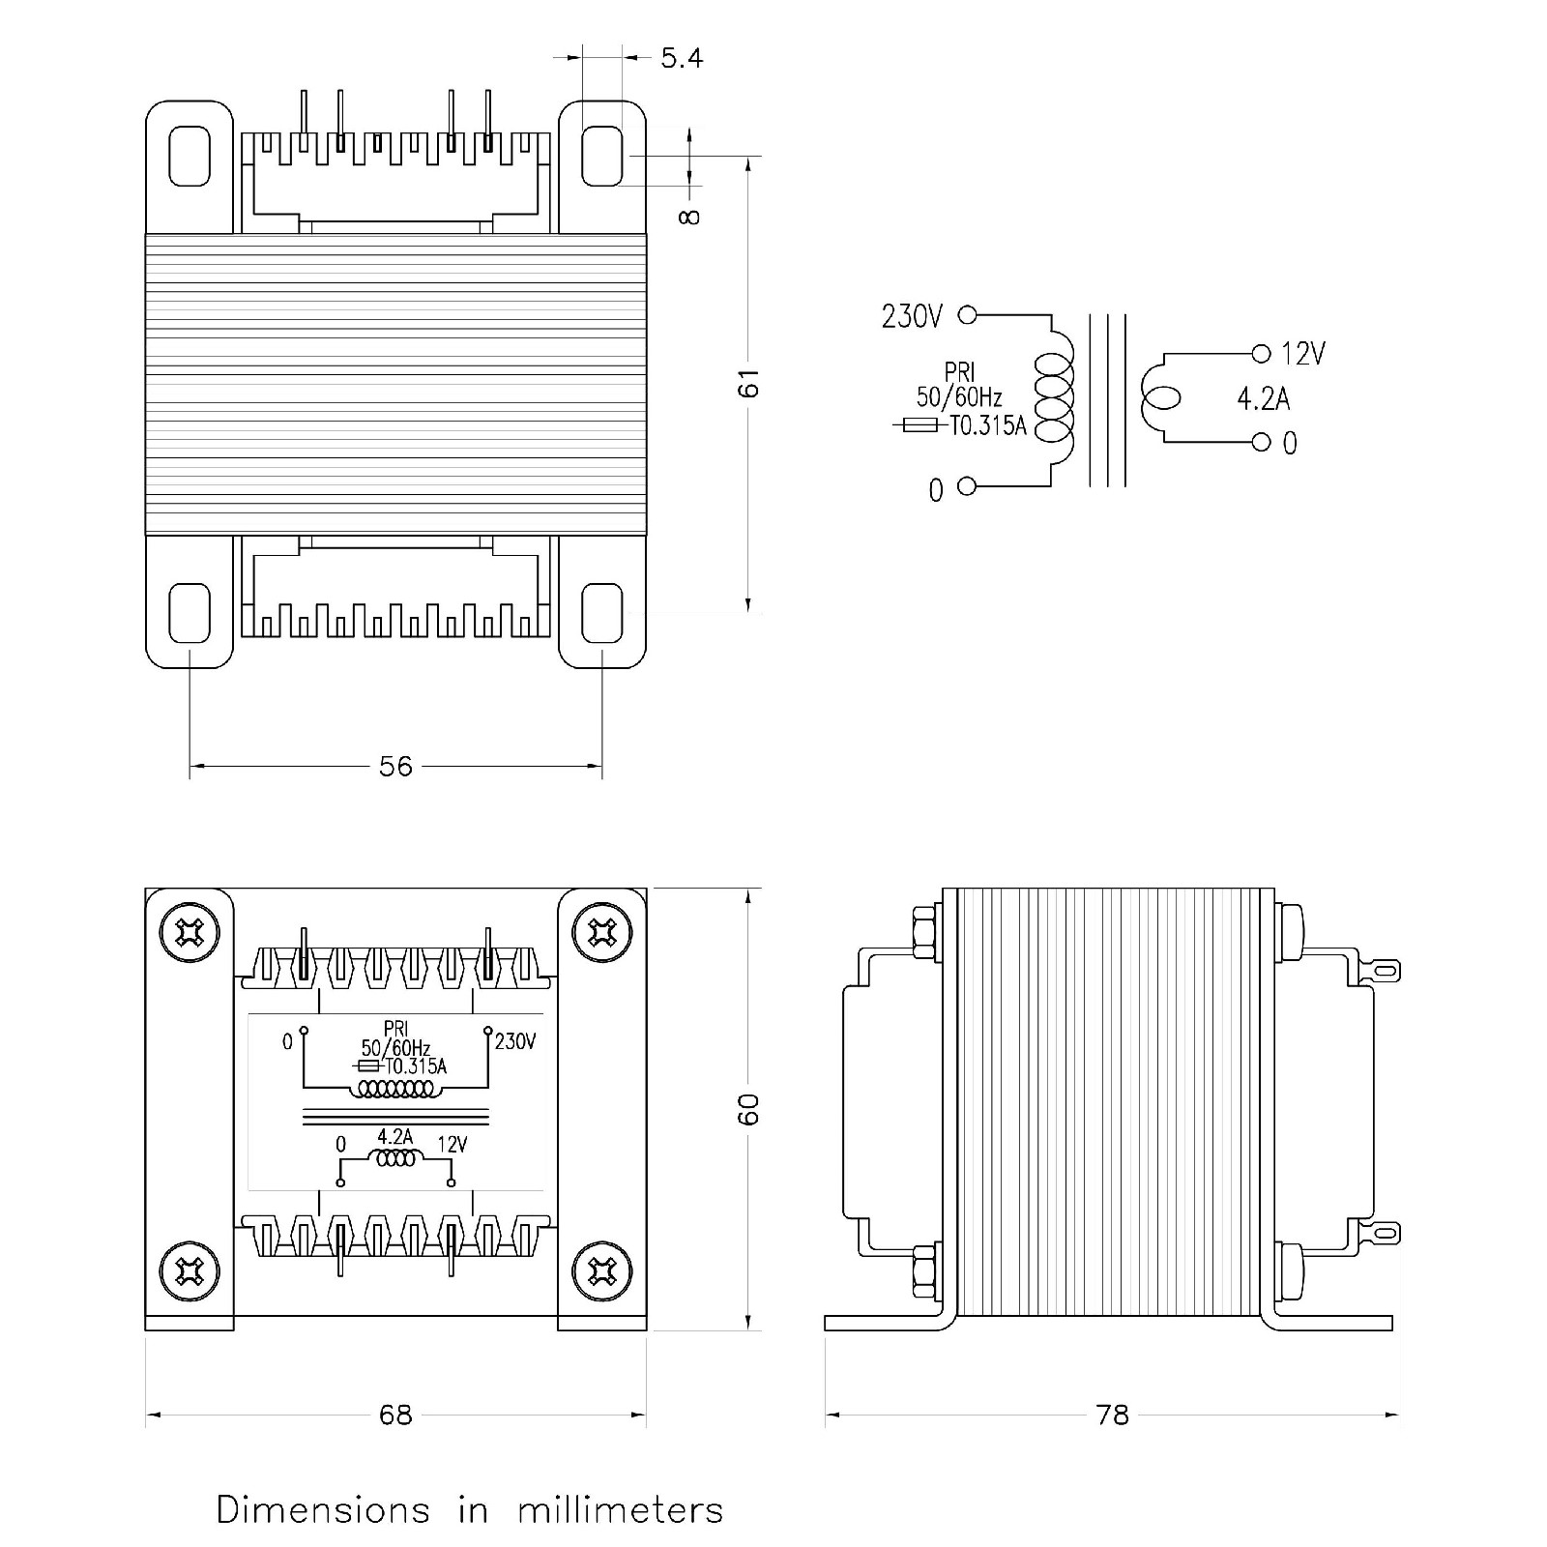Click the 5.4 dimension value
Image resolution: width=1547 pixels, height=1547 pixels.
click(x=682, y=59)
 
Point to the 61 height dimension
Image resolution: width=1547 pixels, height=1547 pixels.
click(x=749, y=383)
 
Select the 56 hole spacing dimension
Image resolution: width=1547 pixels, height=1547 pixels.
click(x=395, y=767)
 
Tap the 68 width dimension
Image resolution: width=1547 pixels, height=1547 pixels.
click(x=395, y=1416)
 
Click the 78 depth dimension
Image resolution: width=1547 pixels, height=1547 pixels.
click(x=1112, y=1416)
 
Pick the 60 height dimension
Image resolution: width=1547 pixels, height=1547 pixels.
click(x=749, y=1109)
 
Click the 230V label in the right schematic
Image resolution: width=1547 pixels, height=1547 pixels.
click(x=911, y=316)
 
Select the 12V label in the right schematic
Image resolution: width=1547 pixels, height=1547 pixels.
click(x=1302, y=354)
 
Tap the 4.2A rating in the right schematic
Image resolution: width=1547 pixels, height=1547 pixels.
click(x=1264, y=399)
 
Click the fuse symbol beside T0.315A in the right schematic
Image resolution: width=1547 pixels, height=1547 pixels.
click(x=919, y=425)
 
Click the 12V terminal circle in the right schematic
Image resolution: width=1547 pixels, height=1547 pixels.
click(x=1261, y=354)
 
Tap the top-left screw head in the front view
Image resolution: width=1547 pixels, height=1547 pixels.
click(x=190, y=933)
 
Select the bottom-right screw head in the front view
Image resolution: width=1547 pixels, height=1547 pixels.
click(x=602, y=1269)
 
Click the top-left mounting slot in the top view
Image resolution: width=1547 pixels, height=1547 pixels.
click(x=190, y=155)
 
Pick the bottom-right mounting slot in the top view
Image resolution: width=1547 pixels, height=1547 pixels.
click(x=602, y=613)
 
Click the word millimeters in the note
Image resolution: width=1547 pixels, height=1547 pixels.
click(x=620, y=1510)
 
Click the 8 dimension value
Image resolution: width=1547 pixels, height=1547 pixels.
click(x=689, y=217)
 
